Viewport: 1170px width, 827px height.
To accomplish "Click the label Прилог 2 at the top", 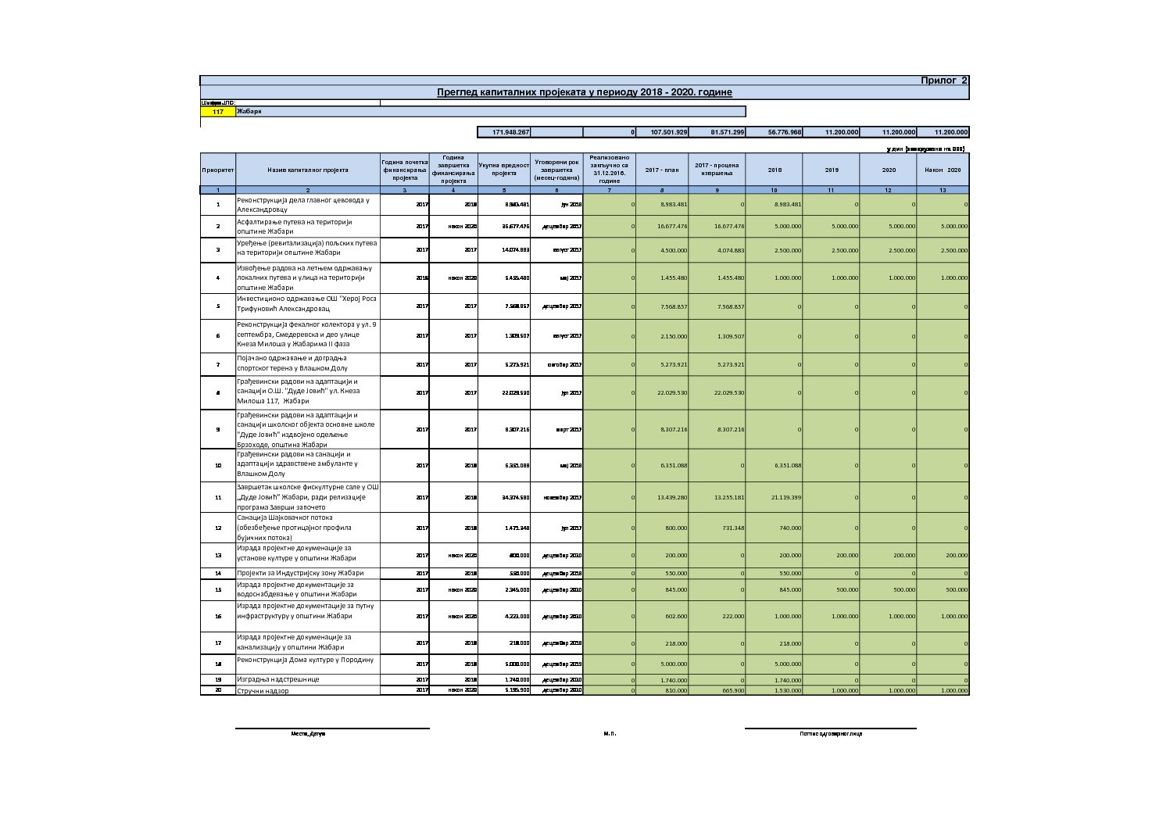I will click(943, 81).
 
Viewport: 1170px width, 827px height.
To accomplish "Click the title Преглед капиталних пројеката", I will click(584, 92).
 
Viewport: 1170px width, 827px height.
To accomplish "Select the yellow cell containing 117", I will click(218, 112).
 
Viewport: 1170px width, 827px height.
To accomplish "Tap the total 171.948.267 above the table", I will click(511, 132).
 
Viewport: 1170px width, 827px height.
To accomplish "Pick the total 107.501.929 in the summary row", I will click(668, 132).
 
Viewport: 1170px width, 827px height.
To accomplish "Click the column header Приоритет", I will click(217, 170).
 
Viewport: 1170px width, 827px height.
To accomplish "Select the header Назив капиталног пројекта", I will click(307, 170).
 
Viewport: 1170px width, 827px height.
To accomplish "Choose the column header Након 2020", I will click(943, 170).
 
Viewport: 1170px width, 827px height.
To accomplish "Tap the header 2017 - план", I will click(662, 170).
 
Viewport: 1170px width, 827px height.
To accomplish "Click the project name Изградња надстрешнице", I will click(278, 679).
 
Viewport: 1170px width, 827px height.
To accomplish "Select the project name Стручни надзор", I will click(263, 691).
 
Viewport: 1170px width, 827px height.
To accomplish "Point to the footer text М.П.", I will click(610, 734).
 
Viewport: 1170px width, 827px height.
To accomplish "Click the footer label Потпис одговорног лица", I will click(830, 734).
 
